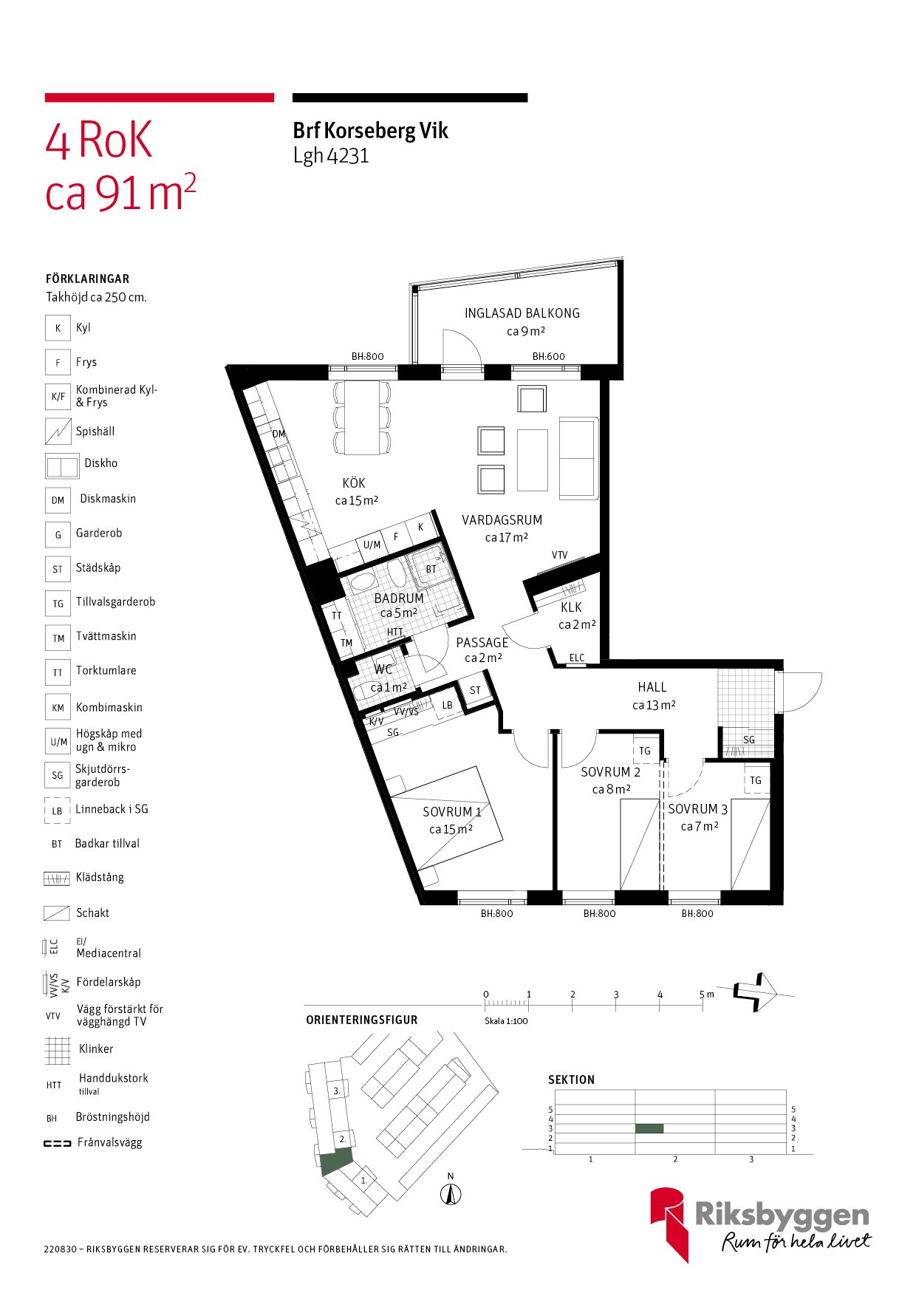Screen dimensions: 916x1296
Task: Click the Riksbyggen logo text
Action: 782,1215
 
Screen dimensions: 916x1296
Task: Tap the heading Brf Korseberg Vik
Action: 370,131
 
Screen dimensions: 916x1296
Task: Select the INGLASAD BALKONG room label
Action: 522,313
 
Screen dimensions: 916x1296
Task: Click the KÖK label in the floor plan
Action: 354,482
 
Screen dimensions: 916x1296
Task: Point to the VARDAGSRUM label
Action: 502,520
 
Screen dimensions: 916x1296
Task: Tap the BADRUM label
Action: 399,598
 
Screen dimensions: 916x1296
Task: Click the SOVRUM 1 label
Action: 452,812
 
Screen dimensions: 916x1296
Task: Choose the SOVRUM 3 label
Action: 698,809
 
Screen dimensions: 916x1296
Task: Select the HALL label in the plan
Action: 652,687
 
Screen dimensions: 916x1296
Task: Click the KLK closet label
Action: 571,607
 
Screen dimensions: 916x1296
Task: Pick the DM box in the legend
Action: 58,500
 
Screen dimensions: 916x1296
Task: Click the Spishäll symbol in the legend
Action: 58,432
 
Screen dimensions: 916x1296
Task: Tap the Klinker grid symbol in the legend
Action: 58,1050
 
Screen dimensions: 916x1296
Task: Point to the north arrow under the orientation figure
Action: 451,1194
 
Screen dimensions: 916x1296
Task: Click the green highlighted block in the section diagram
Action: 649,1128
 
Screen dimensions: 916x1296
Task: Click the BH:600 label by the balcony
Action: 549,356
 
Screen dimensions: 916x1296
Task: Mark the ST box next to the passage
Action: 475,690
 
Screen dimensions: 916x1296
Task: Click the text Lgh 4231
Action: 331,156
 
